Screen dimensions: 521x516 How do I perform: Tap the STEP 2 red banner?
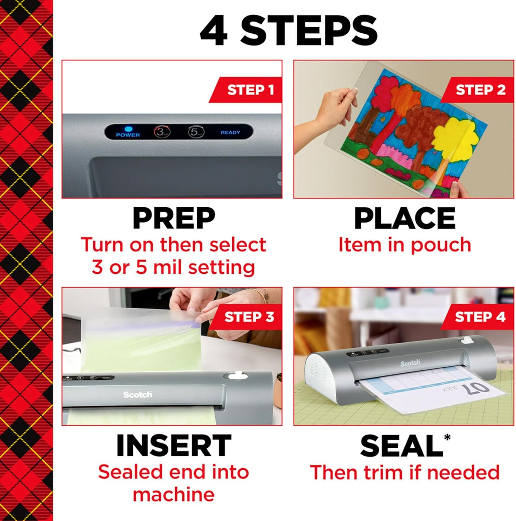click(x=480, y=90)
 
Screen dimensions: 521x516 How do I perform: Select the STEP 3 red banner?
click(x=248, y=317)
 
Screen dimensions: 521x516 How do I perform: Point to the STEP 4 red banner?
click(x=480, y=317)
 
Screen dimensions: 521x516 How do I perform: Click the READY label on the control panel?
click(x=230, y=132)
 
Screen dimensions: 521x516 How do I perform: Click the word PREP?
click(x=174, y=218)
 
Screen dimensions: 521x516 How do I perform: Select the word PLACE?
click(x=404, y=218)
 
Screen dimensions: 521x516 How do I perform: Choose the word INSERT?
click(x=174, y=446)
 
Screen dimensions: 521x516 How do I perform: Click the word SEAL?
click(x=401, y=446)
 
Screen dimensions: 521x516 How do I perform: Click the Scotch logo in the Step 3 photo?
click(x=138, y=395)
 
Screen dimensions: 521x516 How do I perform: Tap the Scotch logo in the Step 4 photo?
click(x=410, y=363)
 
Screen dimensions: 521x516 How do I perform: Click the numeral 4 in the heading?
click(x=214, y=31)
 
